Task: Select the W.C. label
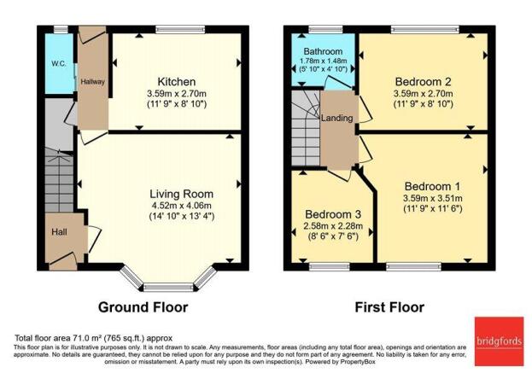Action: click(58, 64)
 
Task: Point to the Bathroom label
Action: click(324, 52)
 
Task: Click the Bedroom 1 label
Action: click(432, 186)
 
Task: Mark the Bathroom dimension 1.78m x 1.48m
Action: click(324, 61)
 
